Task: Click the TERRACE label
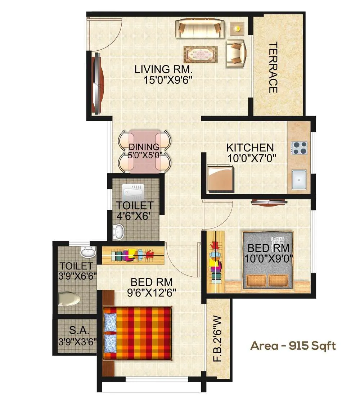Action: [x=273, y=68]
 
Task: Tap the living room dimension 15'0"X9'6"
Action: [x=167, y=80]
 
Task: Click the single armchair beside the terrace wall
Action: [x=236, y=54]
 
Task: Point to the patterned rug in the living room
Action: [x=201, y=55]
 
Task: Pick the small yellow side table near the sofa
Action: [x=237, y=28]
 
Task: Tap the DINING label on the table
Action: [x=144, y=147]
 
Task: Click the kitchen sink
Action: [x=299, y=179]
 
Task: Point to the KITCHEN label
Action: [x=250, y=148]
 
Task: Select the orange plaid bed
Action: [x=137, y=332]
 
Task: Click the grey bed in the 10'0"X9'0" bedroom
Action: [x=267, y=260]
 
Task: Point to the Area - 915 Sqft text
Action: [x=293, y=346]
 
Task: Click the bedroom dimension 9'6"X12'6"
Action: [x=151, y=293]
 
